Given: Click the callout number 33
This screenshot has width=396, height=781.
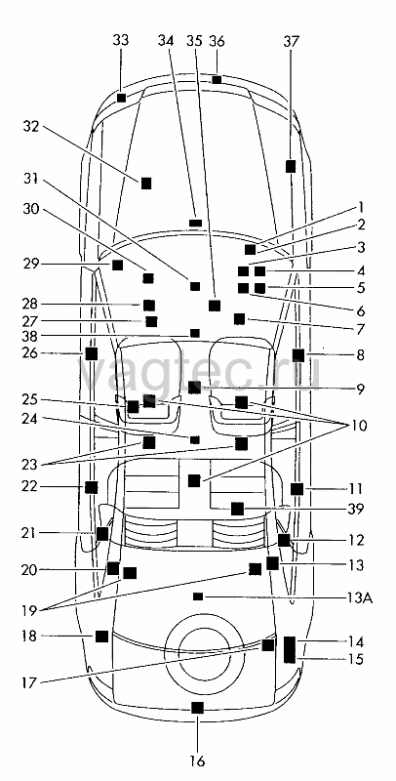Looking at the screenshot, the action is click(119, 40).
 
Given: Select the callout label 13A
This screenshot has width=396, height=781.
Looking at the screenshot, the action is click(358, 597).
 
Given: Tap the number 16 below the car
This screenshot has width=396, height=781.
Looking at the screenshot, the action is click(197, 761).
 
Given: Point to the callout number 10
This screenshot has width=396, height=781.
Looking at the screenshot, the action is click(357, 426).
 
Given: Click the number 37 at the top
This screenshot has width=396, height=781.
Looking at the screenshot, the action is click(292, 41).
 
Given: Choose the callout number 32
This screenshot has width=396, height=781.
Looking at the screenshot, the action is click(32, 127).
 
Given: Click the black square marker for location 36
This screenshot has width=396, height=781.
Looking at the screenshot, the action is click(217, 80).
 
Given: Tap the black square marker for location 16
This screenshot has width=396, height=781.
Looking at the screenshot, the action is click(197, 707).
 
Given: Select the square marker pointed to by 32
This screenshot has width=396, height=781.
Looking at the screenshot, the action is click(145, 184).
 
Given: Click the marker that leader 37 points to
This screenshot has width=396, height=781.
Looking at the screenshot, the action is click(291, 166).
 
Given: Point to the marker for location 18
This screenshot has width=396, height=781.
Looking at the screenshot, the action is click(101, 637).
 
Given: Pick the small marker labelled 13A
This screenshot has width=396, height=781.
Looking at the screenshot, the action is click(198, 596).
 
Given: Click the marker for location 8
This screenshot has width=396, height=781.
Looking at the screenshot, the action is click(298, 355).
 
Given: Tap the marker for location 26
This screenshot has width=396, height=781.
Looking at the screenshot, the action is click(91, 353).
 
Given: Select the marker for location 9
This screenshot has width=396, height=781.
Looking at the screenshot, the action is click(194, 387).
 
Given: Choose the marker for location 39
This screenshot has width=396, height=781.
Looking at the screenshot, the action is click(237, 509).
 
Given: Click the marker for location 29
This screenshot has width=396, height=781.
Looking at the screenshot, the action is click(117, 265).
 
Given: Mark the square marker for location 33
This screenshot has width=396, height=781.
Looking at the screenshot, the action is click(121, 98).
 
